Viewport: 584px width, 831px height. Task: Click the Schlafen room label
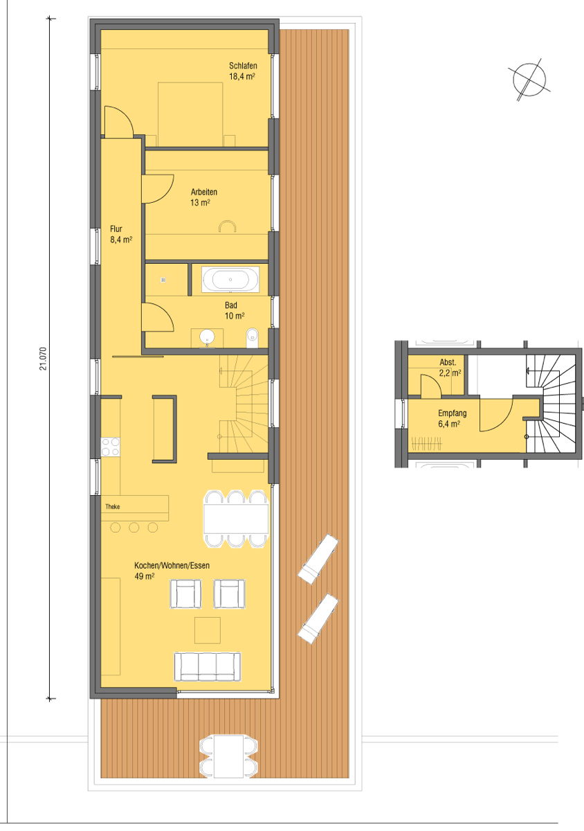pyautogui.click(x=243, y=66)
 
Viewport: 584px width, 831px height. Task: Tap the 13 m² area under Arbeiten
pyautogui.click(x=200, y=202)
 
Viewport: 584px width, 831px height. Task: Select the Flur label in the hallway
pyautogui.click(x=116, y=229)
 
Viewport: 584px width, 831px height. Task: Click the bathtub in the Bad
pyautogui.click(x=230, y=279)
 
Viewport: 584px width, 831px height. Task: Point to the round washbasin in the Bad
pyautogui.click(x=207, y=337)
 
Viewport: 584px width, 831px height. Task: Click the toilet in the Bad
pyautogui.click(x=252, y=338)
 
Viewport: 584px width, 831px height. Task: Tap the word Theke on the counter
pyautogui.click(x=112, y=506)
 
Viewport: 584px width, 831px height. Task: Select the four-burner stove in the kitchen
pyautogui.click(x=111, y=447)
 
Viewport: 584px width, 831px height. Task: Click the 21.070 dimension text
pyautogui.click(x=44, y=359)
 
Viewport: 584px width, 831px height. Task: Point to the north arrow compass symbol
pyautogui.click(x=529, y=80)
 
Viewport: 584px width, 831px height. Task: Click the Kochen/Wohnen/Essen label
pyautogui.click(x=172, y=565)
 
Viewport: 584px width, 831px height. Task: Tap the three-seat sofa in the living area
pyautogui.click(x=208, y=666)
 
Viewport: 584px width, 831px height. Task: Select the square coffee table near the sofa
pyautogui.click(x=208, y=630)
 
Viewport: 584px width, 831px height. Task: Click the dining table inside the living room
pyautogui.click(x=236, y=519)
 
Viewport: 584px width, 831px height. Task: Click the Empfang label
pyautogui.click(x=452, y=413)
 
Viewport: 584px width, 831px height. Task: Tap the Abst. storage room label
pyautogui.click(x=448, y=362)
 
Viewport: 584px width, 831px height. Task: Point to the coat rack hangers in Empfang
pyautogui.click(x=427, y=443)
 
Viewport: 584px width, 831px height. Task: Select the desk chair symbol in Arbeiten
pyautogui.click(x=227, y=226)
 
